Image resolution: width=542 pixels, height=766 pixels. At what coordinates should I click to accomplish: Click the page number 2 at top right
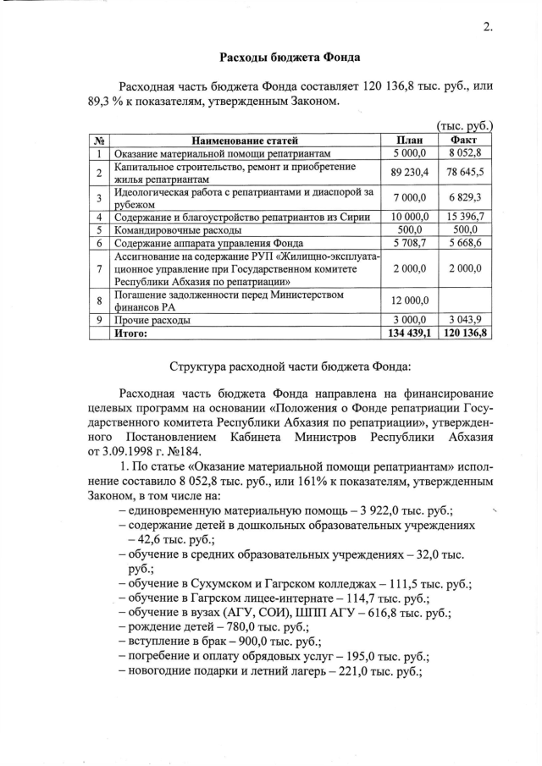tap(487, 26)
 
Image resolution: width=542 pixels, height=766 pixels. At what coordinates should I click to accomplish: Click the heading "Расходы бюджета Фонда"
tap(290, 58)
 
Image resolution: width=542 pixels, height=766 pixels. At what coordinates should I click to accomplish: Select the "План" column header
tap(410, 141)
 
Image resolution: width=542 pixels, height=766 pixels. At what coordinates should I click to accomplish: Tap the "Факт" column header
tap(464, 141)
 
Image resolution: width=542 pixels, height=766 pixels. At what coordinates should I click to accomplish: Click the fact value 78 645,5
tap(464, 173)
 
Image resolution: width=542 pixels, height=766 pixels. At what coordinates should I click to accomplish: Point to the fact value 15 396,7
tap(464, 217)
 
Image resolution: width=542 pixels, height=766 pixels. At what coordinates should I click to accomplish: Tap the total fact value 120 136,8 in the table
tap(464, 333)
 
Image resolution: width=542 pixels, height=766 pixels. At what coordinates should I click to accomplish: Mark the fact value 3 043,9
tap(464, 321)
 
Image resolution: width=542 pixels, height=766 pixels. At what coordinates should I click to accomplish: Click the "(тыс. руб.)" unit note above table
tap(465, 127)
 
